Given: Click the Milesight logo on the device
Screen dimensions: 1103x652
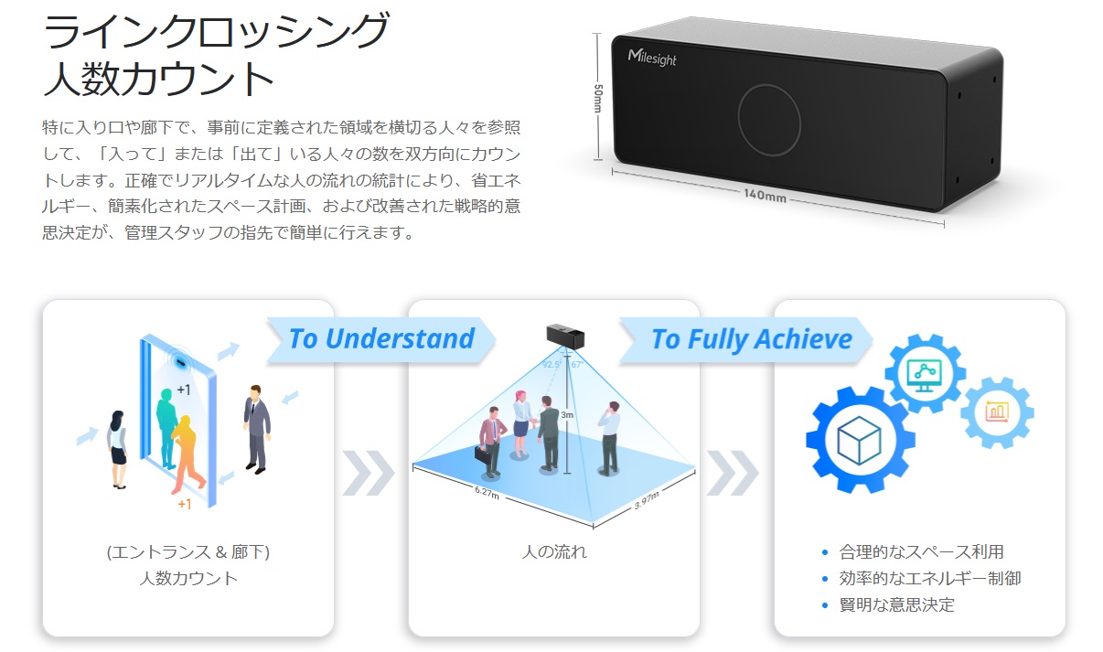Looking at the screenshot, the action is pos(652,57).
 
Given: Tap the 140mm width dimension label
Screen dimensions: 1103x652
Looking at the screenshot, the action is pos(765,195).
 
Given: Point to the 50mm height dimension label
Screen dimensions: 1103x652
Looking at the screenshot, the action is pos(598,98).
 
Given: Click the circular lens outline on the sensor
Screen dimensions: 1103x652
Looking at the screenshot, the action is pos(769,120).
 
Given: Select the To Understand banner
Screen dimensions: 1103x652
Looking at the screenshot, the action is pos(380,339).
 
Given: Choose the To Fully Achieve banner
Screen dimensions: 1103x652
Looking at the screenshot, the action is pos(745,339).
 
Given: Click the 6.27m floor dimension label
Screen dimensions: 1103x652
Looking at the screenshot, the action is pos(487,493).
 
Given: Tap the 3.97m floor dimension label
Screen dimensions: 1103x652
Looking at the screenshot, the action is pos(646,500).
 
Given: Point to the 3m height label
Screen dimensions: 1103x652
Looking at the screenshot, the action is pos(567,414).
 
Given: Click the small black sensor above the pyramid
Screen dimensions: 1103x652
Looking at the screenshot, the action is pos(565,336).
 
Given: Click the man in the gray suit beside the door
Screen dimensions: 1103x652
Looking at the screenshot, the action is pos(257,429).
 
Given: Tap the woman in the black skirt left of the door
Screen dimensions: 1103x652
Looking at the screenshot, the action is pos(117,449).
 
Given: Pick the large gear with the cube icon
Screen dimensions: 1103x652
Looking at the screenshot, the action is pos(859,440).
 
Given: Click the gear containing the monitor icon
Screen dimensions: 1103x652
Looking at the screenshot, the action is pos(925,374).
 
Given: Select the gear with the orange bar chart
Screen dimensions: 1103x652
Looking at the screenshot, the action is pos(997,412).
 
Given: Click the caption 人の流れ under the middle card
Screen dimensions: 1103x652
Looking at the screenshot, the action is pos(554,551).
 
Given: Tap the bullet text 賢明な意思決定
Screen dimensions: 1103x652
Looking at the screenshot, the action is pos(896,604).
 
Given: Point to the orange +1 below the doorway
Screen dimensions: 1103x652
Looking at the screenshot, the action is pos(184,504).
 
